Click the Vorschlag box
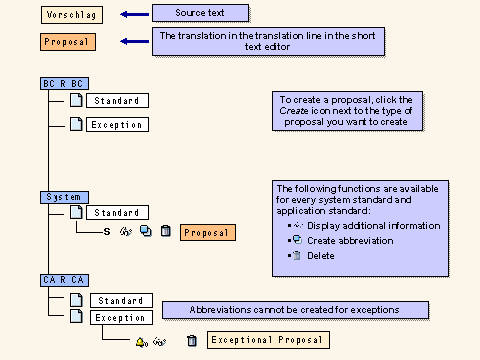click(70, 15)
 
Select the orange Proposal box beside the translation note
click(69, 42)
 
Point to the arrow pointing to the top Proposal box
click(133, 42)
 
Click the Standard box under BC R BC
click(117, 101)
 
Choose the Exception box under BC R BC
click(117, 125)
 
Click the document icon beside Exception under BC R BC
click(76, 125)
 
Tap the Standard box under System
click(117, 212)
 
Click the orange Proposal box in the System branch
click(207, 232)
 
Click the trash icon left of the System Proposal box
click(165, 232)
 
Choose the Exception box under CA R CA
click(119, 318)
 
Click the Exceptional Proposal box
click(267, 341)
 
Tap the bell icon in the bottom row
click(141, 341)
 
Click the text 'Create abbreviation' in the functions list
click(350, 241)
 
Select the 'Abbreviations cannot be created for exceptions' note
click(295, 310)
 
